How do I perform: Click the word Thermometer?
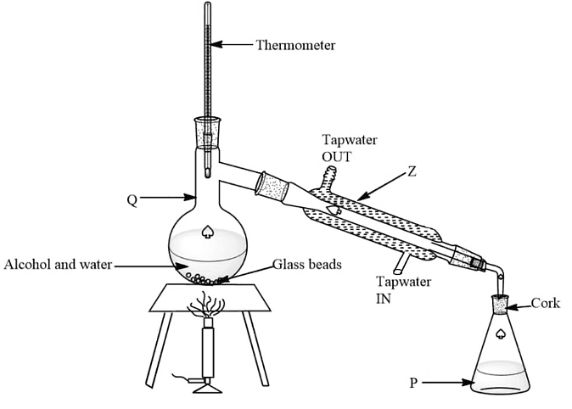[x=295, y=44]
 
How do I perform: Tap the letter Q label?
[x=132, y=200]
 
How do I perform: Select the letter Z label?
[x=412, y=170]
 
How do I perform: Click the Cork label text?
[x=546, y=303]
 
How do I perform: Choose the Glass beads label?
[x=306, y=265]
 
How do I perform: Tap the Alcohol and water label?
[x=58, y=265]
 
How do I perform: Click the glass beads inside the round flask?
[x=207, y=277]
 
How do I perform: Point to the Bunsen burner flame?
[x=208, y=305]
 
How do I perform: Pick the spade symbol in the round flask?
[x=208, y=231]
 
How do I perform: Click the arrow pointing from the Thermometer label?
[x=233, y=44]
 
